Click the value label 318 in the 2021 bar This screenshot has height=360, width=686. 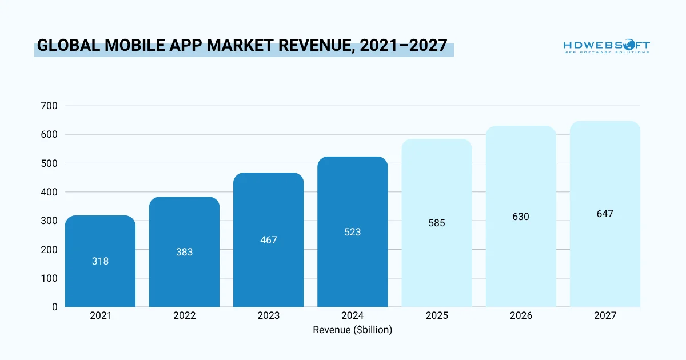click(100, 261)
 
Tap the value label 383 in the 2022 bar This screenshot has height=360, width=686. click(184, 251)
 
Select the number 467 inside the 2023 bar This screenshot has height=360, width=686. click(268, 240)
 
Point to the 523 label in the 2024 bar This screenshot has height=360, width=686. click(353, 232)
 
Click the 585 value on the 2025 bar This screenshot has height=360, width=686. click(437, 223)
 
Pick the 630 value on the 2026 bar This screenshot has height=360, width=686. click(521, 217)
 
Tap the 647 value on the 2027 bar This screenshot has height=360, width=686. click(605, 214)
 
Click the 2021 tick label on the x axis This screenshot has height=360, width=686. click(100, 315)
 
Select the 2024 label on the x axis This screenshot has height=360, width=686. click(353, 315)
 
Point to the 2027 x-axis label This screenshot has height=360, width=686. click(605, 315)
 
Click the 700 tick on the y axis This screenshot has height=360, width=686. click(50, 106)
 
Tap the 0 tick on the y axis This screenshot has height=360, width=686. click(55, 307)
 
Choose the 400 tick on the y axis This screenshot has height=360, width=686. click(50, 192)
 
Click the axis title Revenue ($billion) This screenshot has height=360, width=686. click(353, 330)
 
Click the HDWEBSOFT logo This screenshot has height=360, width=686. click(607, 46)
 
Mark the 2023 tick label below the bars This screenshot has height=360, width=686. click(268, 315)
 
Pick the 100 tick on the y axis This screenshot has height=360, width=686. click(50, 278)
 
